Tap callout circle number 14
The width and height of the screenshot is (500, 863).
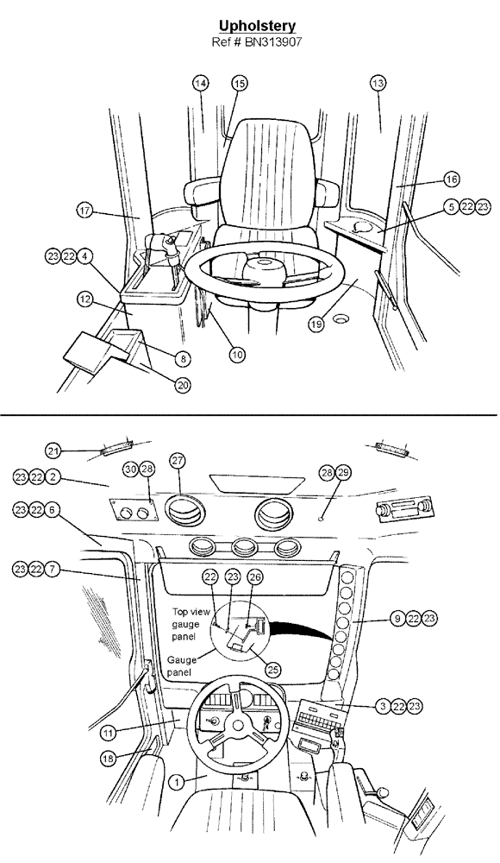click(x=201, y=83)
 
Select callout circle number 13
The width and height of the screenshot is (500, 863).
click(x=377, y=83)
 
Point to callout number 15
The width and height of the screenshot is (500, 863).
click(x=239, y=83)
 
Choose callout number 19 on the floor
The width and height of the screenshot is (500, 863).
click(x=317, y=324)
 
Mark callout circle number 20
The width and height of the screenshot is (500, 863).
click(x=183, y=386)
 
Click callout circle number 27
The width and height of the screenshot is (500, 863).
click(x=178, y=462)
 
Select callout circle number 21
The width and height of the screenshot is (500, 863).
click(x=53, y=450)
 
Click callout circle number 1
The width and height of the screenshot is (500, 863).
click(x=176, y=782)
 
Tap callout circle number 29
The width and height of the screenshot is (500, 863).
click(x=345, y=475)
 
